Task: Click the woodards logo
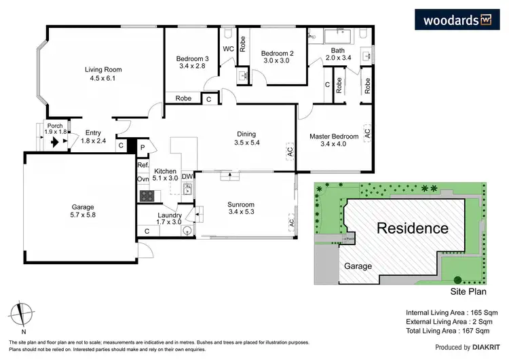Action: [457, 20]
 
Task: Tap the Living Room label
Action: [102, 74]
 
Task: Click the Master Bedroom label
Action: [333, 141]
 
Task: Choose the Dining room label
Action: [246, 138]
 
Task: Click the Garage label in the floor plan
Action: [83, 212]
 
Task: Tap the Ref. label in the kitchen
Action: [143, 165]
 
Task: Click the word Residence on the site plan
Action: [413, 228]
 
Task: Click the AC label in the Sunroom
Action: [291, 221]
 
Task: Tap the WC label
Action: [229, 48]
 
